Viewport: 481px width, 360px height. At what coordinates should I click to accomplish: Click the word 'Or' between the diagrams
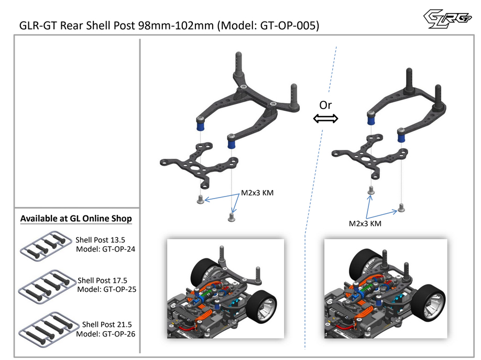click(325, 105)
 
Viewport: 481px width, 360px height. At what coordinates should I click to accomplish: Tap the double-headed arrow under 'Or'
click(325, 119)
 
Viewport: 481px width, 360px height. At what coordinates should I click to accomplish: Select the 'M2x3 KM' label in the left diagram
click(257, 193)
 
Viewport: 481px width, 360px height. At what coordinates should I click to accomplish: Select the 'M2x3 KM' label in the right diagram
click(365, 223)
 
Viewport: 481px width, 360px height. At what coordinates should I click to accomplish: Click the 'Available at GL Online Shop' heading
click(76, 218)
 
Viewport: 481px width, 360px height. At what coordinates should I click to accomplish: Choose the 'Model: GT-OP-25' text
click(106, 289)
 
